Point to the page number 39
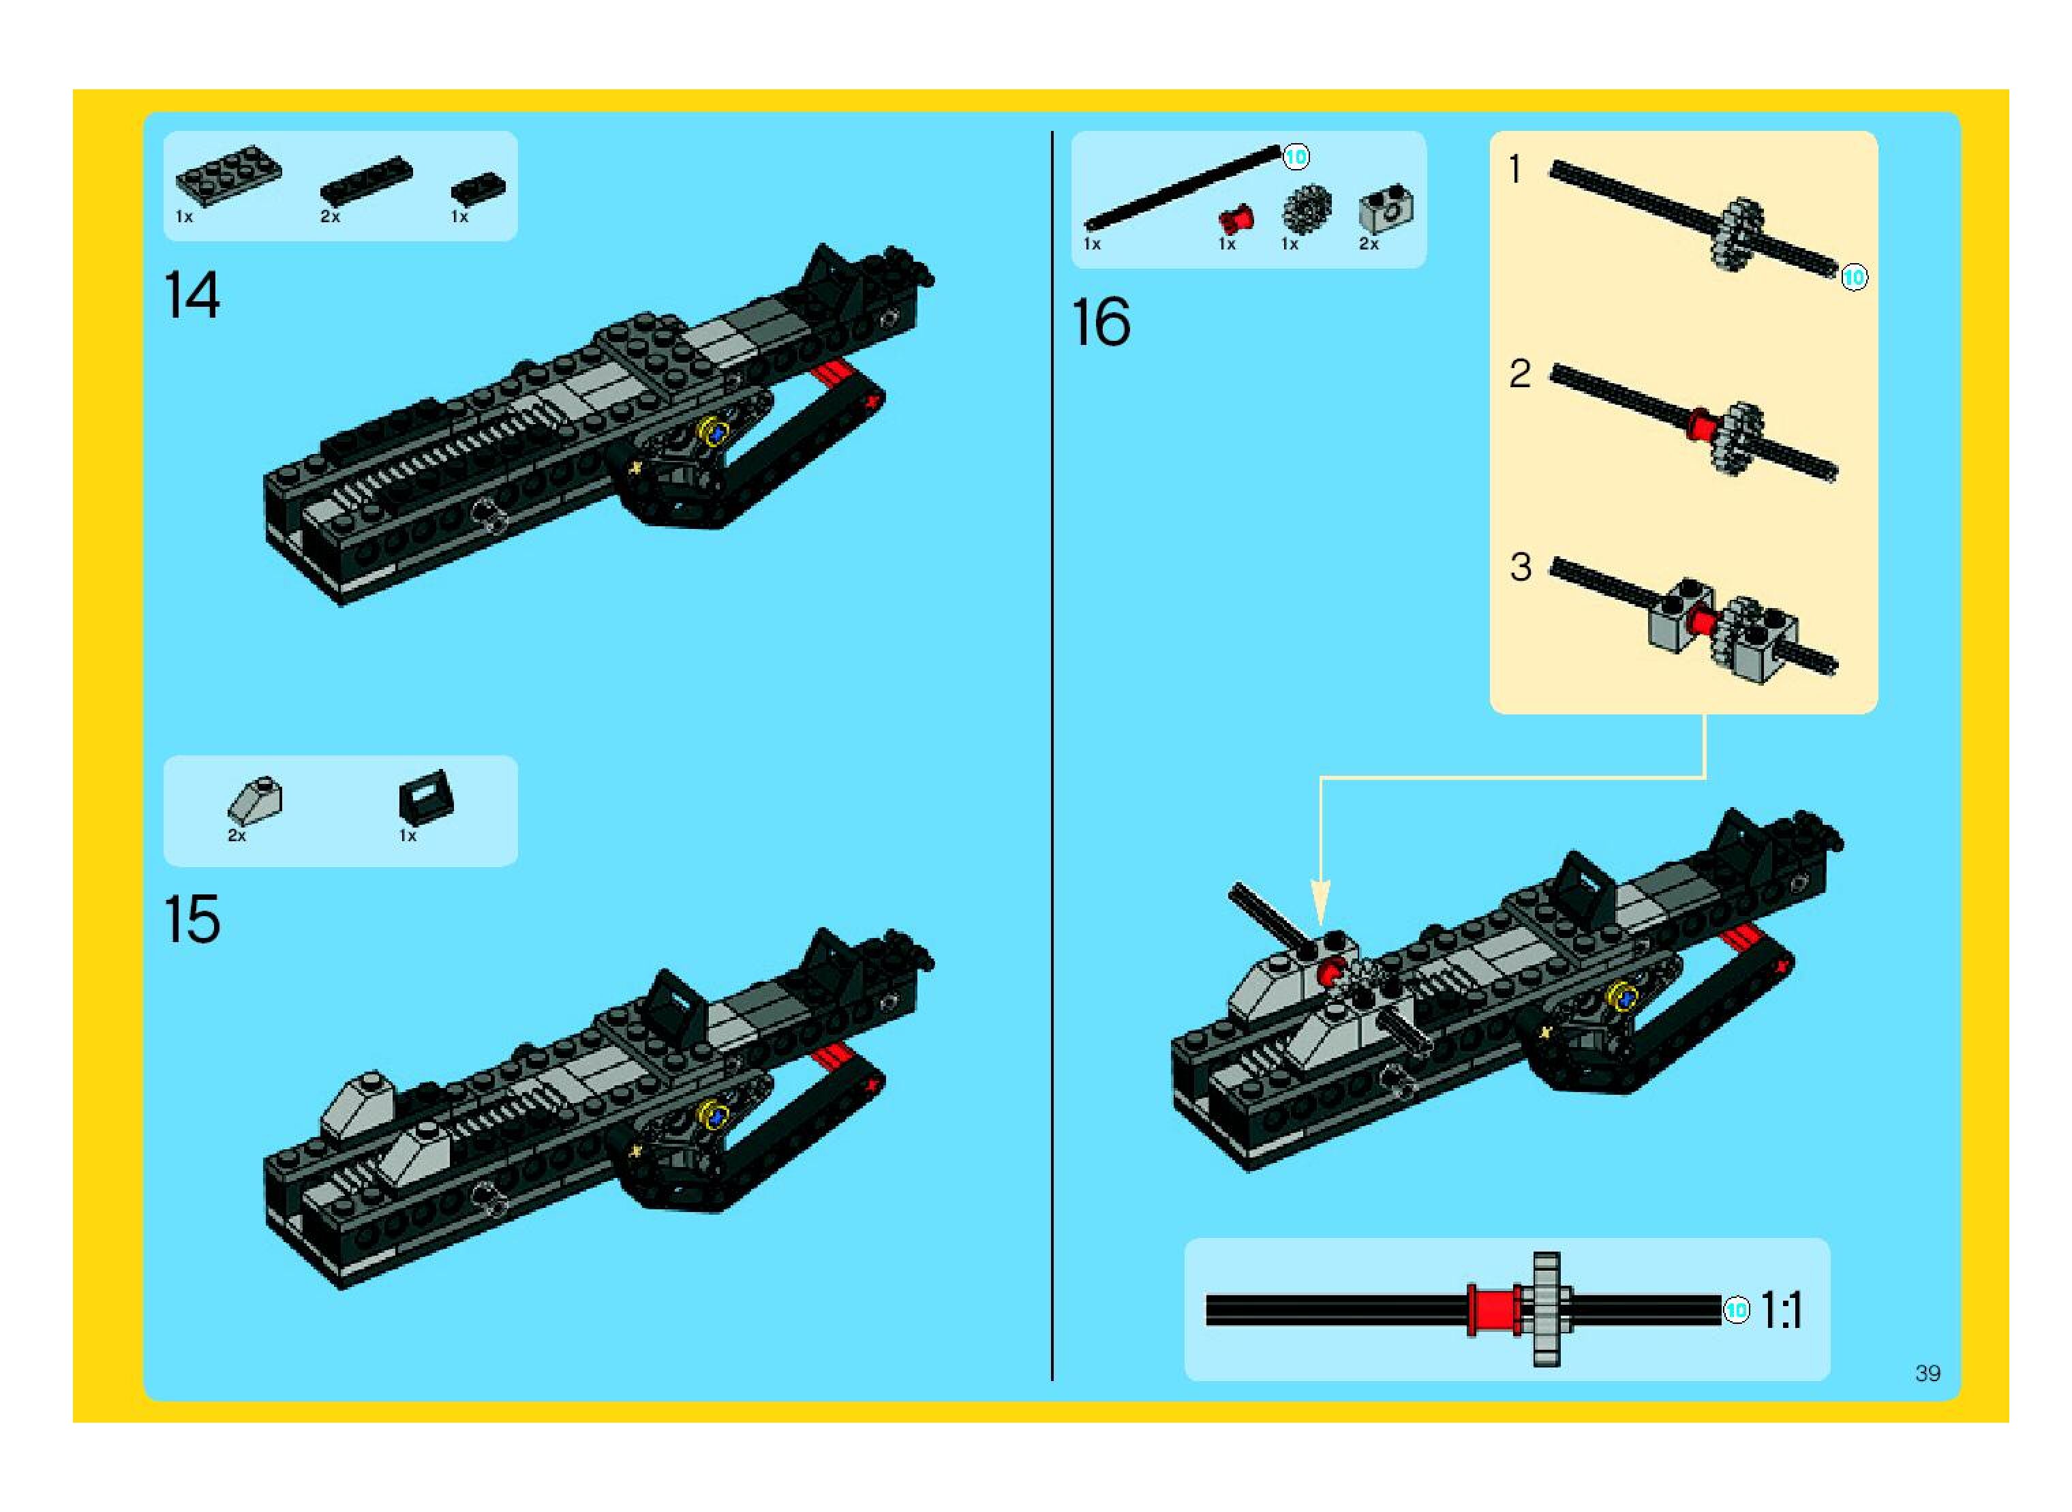1927,1373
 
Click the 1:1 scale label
1781,1311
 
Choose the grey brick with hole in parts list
1385,209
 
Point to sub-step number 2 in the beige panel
1519,374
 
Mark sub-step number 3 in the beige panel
1520,567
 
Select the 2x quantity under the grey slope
236,836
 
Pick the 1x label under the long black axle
1092,244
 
